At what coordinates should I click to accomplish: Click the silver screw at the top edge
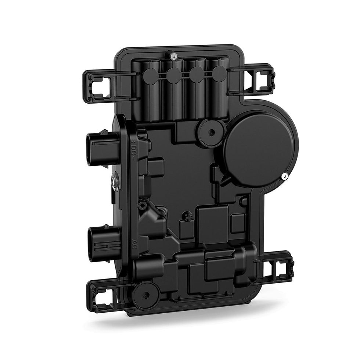[x=172, y=56]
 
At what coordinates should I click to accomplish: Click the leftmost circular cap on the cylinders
[x=150, y=73]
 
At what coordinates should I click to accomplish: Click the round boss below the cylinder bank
[x=211, y=131]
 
